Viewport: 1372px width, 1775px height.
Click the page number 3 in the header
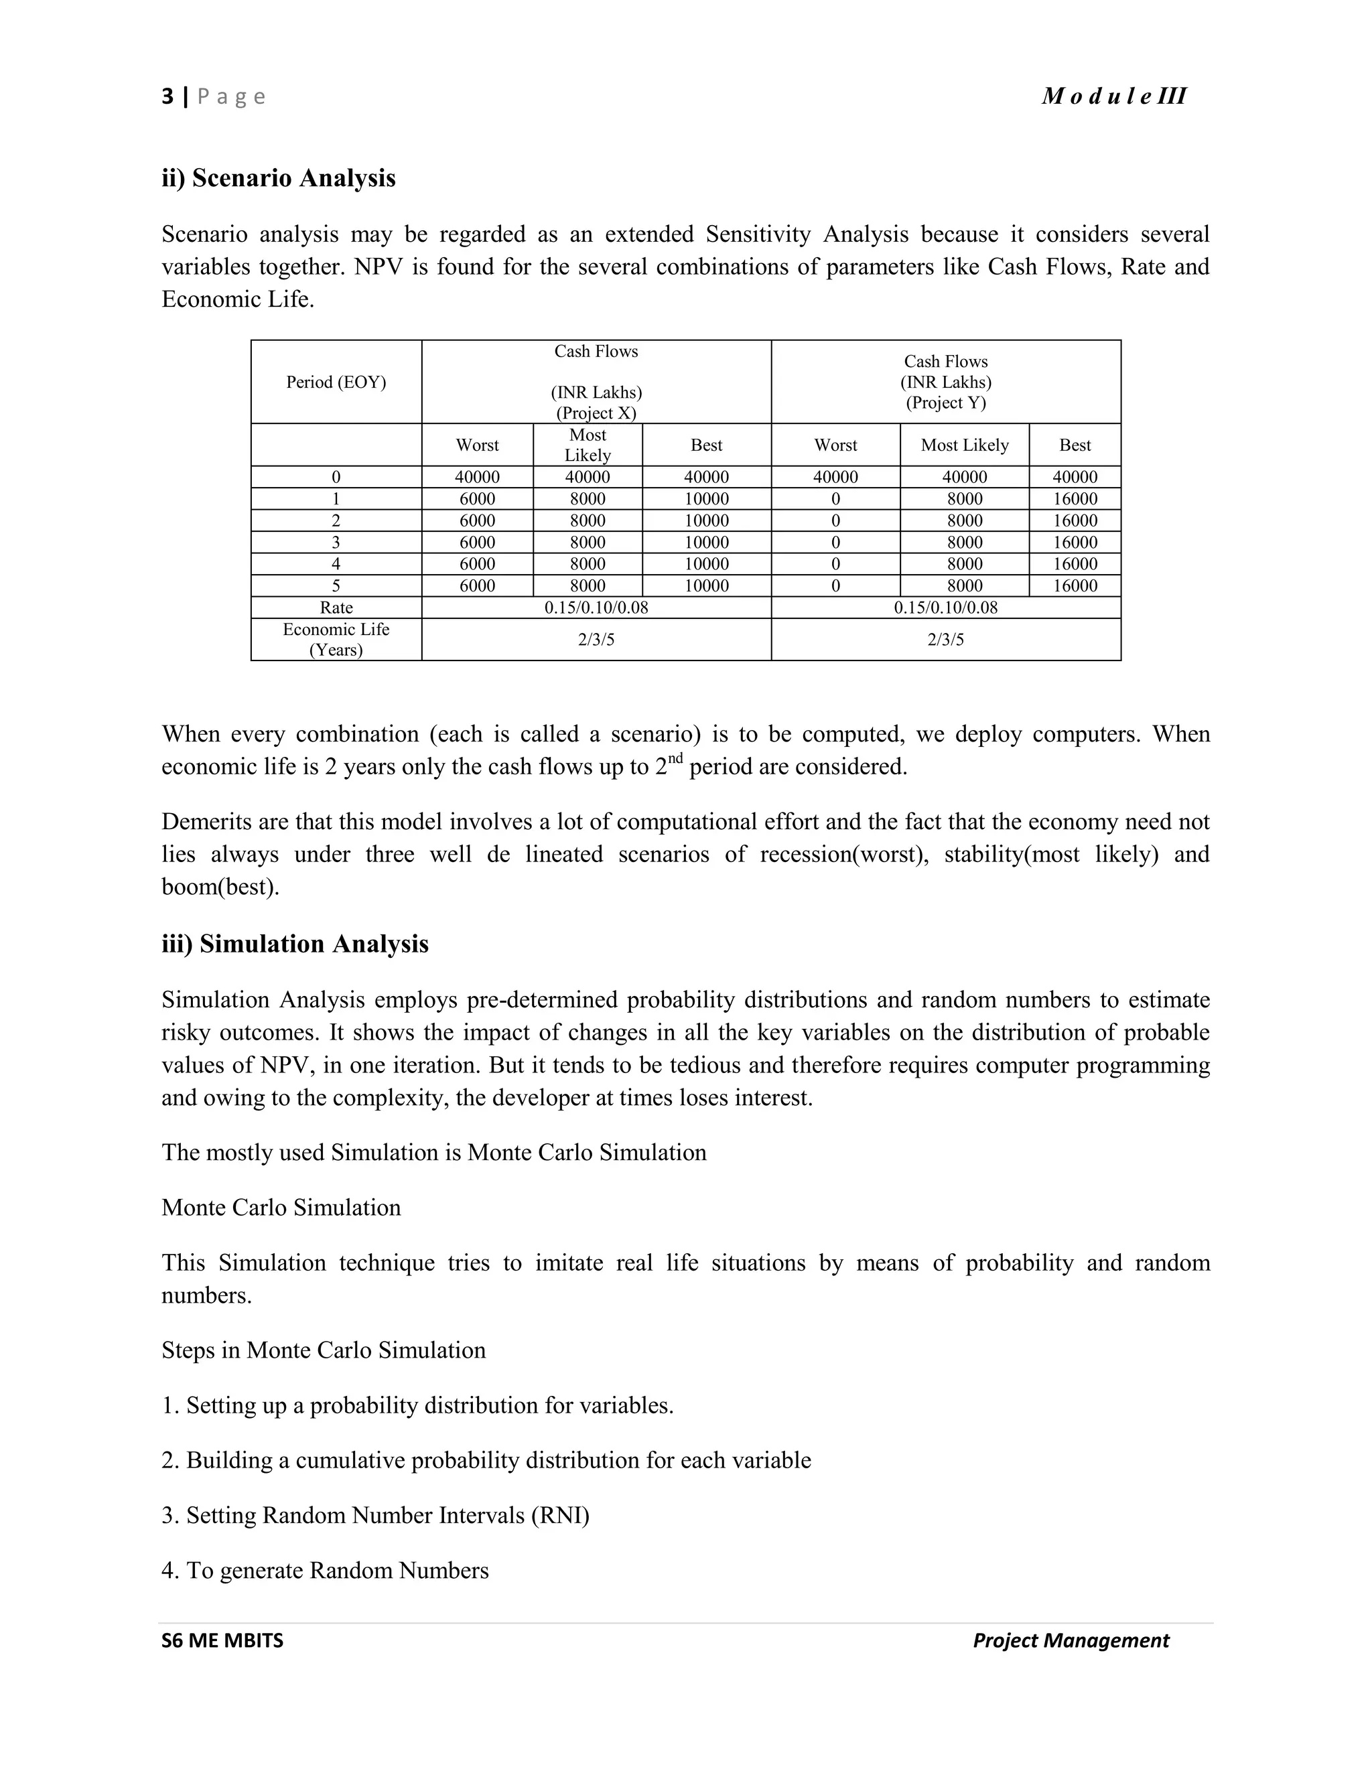[x=167, y=96]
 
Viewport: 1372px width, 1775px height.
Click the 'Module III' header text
[x=1113, y=96]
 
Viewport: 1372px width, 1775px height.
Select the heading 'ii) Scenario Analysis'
[x=278, y=177]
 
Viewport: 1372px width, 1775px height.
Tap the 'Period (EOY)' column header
[x=336, y=382]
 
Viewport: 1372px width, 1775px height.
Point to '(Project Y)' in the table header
[x=945, y=403]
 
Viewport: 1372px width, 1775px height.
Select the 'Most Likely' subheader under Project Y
[x=964, y=445]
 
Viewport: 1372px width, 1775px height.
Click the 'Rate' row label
[x=336, y=607]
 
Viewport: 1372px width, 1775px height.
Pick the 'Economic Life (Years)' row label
[x=336, y=639]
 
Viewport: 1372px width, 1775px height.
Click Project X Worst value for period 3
[x=477, y=542]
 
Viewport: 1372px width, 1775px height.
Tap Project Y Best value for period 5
[x=1075, y=585]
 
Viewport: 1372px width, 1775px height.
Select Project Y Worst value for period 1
[x=835, y=498]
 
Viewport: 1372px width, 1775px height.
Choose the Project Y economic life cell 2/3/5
[x=945, y=639]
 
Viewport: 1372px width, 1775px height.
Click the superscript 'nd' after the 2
[x=675, y=758]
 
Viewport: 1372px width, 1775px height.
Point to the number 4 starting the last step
[x=168, y=1570]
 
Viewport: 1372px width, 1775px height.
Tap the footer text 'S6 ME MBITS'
[x=222, y=1640]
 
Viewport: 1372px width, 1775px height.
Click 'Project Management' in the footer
[x=1071, y=1640]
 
